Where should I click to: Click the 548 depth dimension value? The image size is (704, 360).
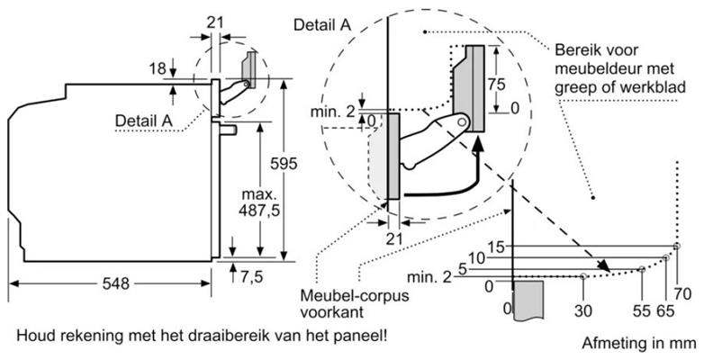[115, 283]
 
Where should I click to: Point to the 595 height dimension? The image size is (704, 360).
[284, 164]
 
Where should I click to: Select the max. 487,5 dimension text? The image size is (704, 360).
[260, 202]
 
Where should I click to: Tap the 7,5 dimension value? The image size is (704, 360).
[250, 277]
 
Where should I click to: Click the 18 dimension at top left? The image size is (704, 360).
[158, 69]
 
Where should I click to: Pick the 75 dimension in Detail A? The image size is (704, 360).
[496, 84]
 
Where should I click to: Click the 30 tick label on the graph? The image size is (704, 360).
[582, 310]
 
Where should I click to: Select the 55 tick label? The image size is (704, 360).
[642, 310]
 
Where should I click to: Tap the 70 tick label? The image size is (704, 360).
[681, 295]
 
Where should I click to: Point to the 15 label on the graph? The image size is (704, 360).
[498, 247]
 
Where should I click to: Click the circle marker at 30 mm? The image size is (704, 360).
[582, 276]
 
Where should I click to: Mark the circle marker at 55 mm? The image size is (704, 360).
[642, 269]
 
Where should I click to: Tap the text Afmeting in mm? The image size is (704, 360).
[639, 344]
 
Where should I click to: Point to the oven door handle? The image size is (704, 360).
[228, 130]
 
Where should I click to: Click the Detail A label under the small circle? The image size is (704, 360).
[144, 121]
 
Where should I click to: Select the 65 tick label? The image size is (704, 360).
[665, 310]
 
